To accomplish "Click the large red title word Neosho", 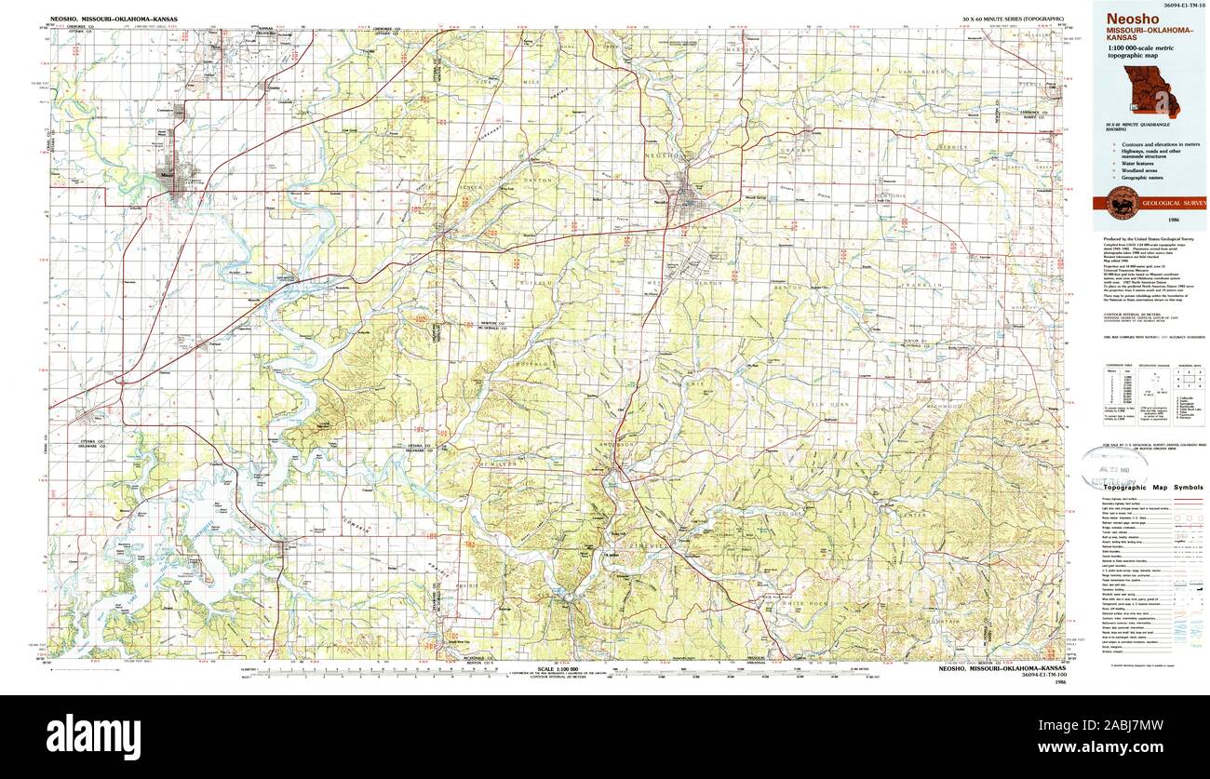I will point(1128,18).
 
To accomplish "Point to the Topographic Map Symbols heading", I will point(1151,488).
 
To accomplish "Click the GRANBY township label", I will point(800,149).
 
